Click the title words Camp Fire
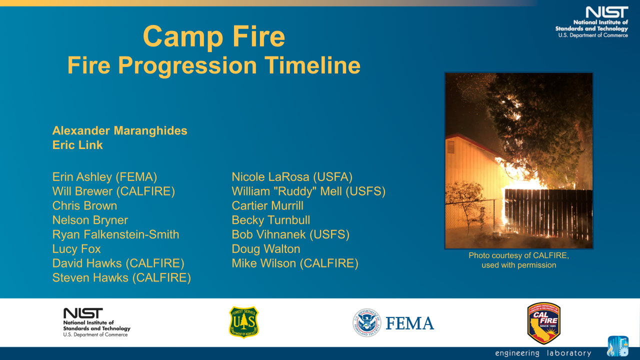pos(214,36)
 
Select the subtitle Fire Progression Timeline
pos(214,65)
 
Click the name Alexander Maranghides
pos(120,131)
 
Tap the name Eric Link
pos(77,145)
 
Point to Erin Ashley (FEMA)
pos(104,177)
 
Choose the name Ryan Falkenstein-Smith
pos(115,234)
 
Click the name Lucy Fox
pos(76,249)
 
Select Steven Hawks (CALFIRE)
pos(121,278)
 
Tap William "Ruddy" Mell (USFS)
pos(308,191)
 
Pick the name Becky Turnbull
pos(270,220)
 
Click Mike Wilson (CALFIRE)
pos(295,263)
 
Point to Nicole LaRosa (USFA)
pos(292,177)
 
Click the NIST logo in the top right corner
pos(593,22)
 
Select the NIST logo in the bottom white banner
pos(96,322)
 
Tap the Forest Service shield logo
pos(243,322)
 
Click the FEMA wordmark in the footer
pos(409,323)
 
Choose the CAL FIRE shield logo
pos(543,323)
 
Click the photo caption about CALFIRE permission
pos(518,260)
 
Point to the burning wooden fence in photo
pos(547,212)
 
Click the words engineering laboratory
pos(543,353)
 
